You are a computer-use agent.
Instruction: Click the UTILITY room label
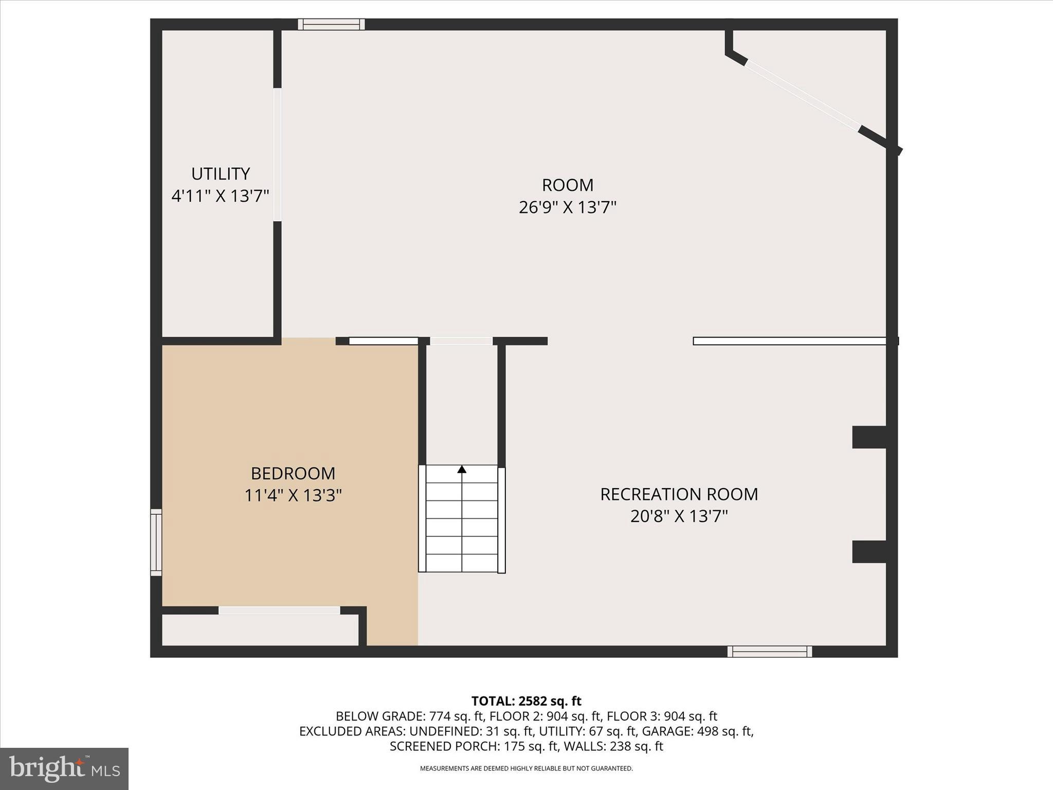click(x=221, y=174)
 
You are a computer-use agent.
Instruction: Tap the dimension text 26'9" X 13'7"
click(x=567, y=207)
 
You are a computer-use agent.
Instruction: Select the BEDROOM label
click(x=293, y=473)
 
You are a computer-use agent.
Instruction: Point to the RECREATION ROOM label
click(x=679, y=494)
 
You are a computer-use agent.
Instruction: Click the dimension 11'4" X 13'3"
click(x=293, y=495)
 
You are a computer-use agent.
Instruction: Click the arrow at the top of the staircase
click(x=462, y=469)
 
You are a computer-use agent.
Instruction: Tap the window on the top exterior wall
click(x=331, y=24)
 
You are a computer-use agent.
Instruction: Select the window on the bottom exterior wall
click(x=769, y=652)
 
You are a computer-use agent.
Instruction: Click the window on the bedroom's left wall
click(x=156, y=542)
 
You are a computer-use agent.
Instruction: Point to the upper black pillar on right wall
click(x=869, y=437)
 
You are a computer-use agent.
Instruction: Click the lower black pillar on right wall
click(x=869, y=551)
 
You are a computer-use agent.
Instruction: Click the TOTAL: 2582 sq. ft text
click(x=526, y=701)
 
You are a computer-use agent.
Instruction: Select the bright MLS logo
click(x=64, y=768)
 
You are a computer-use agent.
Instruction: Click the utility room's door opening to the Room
click(x=277, y=154)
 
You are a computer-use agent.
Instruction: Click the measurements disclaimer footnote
click(x=526, y=768)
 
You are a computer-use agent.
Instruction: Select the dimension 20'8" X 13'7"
click(x=679, y=516)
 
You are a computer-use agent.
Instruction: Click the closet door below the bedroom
click(x=279, y=611)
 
